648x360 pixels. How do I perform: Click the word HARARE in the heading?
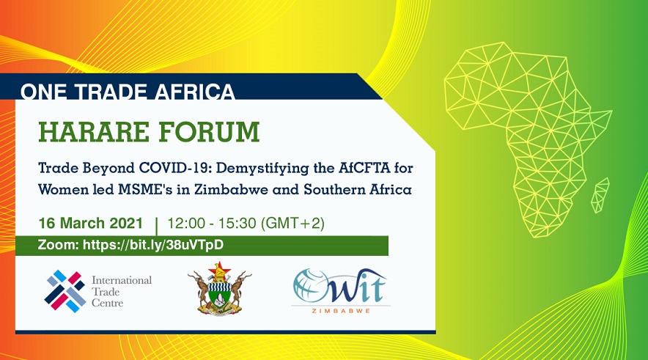(94, 132)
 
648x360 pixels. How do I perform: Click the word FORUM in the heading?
(210, 132)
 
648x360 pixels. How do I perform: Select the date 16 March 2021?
(90, 223)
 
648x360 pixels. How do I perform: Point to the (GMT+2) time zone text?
(293, 223)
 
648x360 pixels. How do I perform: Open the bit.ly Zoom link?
(153, 245)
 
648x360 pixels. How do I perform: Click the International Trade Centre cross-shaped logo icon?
(65, 291)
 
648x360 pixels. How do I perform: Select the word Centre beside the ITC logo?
(108, 303)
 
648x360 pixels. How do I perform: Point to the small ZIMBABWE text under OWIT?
(341, 311)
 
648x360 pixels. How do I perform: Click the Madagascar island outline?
(600, 195)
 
